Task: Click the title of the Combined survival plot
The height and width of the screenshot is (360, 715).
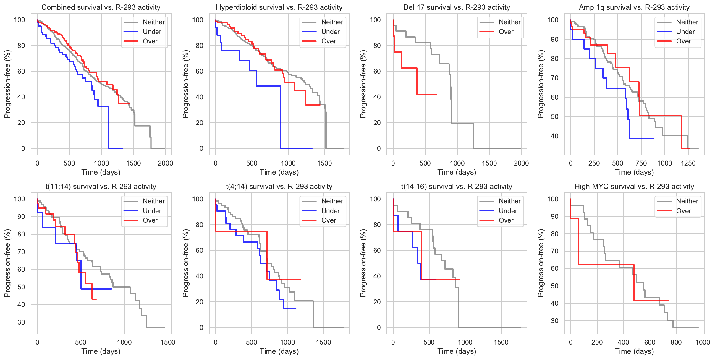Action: [101, 7]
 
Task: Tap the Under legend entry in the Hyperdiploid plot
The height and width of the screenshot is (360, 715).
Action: [330, 32]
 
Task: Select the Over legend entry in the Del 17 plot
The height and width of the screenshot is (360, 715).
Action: [506, 32]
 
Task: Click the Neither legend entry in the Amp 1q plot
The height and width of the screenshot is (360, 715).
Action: [687, 22]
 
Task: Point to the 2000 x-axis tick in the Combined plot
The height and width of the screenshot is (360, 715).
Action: [165, 163]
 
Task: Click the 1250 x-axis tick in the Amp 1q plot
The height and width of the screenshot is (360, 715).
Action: [688, 163]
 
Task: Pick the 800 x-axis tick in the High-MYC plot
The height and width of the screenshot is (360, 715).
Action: [676, 342]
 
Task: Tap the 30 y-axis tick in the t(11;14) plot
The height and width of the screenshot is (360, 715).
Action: [21, 322]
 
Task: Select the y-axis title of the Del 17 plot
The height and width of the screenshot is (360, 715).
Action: [363, 84]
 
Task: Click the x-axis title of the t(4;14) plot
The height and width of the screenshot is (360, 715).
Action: [279, 351]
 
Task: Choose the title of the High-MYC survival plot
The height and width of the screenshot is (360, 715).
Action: [634, 187]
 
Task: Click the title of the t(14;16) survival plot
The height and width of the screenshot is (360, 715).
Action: [457, 187]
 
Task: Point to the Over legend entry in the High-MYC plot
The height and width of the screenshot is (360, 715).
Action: [683, 211]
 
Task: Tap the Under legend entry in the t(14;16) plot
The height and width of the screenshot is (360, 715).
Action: [508, 211]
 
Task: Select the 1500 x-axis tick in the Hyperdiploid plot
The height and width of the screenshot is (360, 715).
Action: [324, 163]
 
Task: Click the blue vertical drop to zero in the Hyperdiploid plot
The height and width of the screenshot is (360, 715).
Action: [280, 118]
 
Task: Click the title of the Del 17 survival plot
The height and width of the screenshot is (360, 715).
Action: [457, 7]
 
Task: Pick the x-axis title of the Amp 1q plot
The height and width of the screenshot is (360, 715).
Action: [634, 172]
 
